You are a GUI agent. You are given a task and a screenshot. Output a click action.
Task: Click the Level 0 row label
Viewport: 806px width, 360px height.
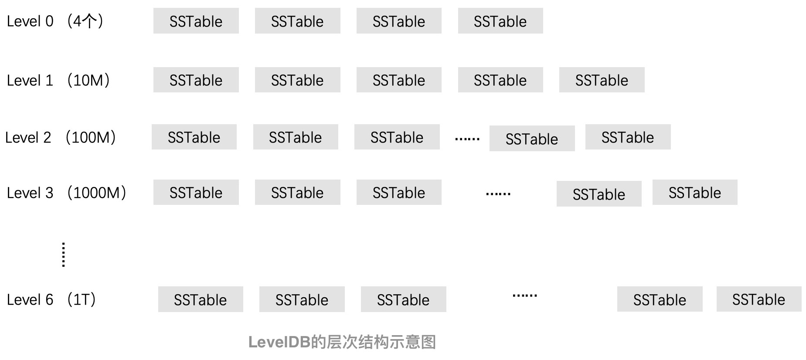point(30,21)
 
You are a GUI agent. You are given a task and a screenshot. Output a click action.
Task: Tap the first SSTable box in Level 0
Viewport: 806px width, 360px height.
point(196,21)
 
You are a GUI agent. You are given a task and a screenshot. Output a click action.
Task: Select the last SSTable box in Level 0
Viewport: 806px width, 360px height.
point(500,21)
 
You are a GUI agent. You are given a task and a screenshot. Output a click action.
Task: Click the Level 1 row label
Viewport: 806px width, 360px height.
point(30,80)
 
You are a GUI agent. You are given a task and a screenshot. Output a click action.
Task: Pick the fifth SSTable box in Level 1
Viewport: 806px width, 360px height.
point(602,80)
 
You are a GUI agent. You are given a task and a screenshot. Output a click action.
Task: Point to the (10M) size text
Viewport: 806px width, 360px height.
point(88,80)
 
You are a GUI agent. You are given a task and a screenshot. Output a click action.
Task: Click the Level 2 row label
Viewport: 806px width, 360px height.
point(28,137)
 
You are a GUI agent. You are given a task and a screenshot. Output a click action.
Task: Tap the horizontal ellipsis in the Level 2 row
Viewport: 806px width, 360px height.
point(467,139)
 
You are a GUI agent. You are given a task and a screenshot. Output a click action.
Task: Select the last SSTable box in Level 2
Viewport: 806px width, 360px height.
point(628,137)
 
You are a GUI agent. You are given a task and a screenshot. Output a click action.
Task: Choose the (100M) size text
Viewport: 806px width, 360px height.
point(91,137)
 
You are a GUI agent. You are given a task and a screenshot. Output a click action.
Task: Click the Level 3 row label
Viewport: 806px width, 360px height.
point(30,193)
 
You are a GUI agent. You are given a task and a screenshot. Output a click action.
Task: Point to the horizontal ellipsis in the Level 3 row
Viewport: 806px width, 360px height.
point(498,194)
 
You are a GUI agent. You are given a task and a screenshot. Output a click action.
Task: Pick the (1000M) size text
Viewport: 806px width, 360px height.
point(97,193)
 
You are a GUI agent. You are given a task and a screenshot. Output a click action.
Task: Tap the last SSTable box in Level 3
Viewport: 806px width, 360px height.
point(694,193)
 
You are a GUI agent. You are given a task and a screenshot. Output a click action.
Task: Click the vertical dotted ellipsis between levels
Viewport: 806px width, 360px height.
point(64,255)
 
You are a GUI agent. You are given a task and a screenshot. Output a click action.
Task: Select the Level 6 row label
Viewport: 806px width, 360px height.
point(30,300)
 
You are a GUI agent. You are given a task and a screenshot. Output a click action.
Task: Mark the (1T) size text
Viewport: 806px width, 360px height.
point(82,300)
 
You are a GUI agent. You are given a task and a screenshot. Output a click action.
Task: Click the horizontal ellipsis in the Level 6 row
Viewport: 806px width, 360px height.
point(524,295)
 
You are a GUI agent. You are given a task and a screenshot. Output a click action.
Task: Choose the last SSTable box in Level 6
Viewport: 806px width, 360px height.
point(758,299)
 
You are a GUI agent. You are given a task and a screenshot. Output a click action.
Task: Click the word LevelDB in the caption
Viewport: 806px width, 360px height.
point(279,342)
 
